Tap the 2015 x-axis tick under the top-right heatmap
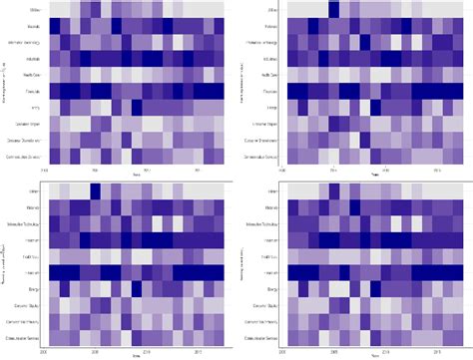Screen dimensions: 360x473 coord(409,171)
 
